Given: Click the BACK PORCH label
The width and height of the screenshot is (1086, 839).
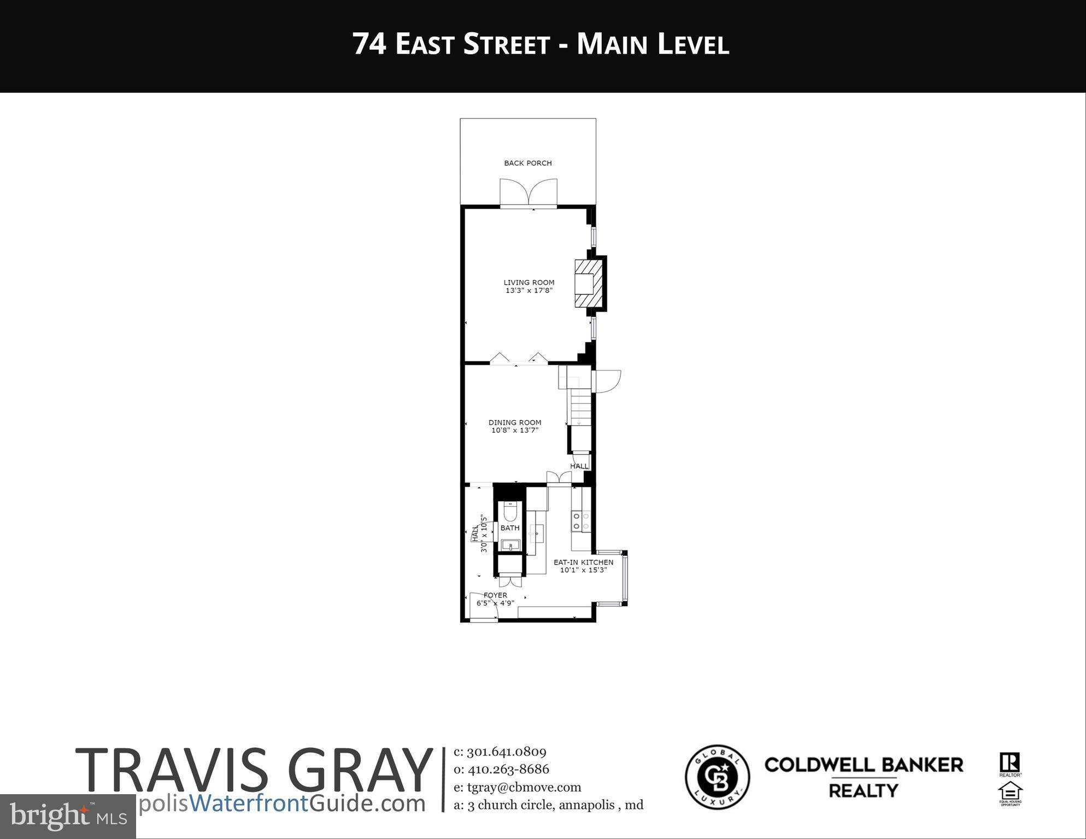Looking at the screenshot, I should pos(527,163).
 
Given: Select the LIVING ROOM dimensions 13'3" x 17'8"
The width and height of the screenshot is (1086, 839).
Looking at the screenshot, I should pos(529,291).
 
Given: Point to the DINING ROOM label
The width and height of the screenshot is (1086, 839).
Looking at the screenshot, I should pos(514,422).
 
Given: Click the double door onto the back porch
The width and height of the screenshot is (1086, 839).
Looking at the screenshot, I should pos(528,193).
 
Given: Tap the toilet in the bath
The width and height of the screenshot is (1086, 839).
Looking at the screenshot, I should pos(510,512).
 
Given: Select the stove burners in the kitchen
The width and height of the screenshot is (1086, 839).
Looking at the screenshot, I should pos(580,521).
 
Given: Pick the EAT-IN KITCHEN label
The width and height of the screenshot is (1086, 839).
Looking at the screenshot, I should pos(583,562).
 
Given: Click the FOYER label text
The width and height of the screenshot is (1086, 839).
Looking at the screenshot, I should pos(495,595).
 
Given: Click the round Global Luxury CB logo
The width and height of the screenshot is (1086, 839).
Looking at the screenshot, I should pos(717,776).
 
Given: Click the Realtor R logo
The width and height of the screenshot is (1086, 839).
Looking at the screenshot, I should pos(1009,763).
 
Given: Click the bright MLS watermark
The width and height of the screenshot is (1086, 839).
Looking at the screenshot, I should pos(68,817).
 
